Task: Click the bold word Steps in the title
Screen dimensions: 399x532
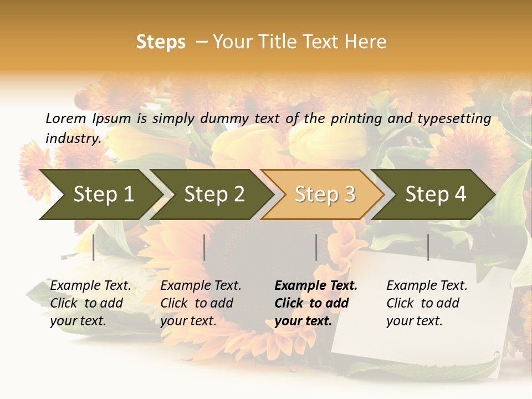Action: [x=161, y=42]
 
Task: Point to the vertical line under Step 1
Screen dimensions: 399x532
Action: [x=94, y=247]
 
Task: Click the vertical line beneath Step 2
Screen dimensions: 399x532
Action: [x=204, y=247]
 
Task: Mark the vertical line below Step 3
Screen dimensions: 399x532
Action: [x=316, y=247]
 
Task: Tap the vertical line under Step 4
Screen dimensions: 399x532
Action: [x=428, y=247]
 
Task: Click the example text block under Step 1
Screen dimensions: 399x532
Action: [x=90, y=303]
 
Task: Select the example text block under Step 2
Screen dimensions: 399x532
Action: [x=201, y=303]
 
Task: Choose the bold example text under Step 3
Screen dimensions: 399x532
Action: [x=316, y=303]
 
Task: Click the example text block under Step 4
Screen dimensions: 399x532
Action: [x=427, y=303]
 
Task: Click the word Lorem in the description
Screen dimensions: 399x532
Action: [x=66, y=118]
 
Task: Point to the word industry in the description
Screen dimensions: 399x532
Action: [x=73, y=139]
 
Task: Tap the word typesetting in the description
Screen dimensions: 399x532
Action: [x=454, y=119]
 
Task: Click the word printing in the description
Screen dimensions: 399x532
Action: [x=352, y=119]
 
